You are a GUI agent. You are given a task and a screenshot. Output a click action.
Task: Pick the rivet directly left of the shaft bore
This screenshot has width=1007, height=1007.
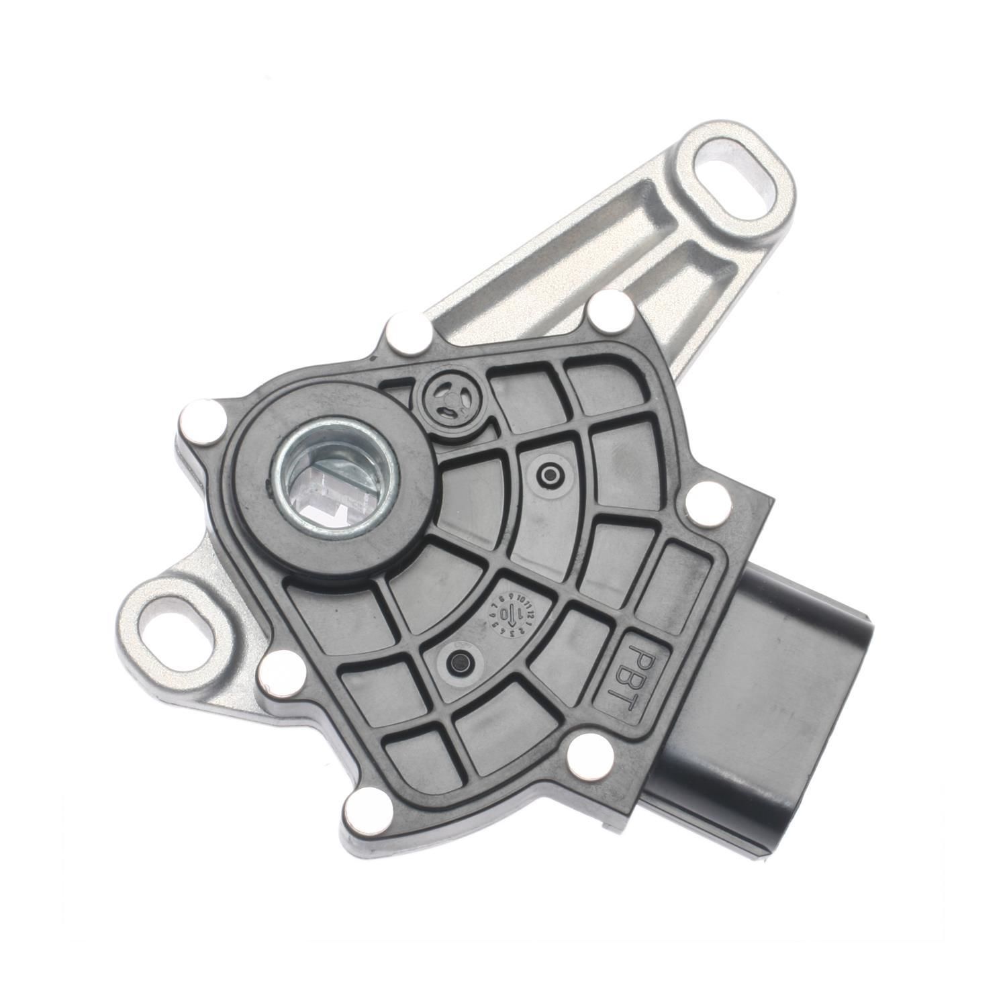199,422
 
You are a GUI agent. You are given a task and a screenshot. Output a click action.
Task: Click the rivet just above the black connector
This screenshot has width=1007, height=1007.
707,504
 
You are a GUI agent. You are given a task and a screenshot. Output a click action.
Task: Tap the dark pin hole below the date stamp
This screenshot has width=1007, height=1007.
461,663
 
